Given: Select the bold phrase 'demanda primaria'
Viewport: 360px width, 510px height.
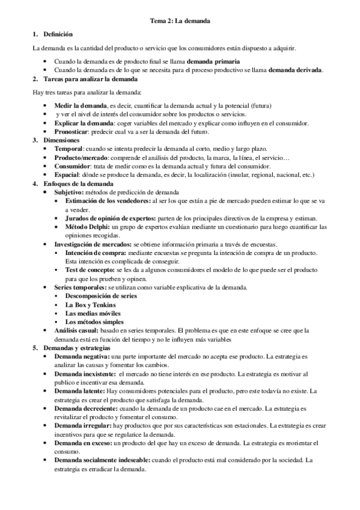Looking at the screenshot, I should pos(213,62).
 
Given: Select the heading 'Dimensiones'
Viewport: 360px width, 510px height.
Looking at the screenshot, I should pos(61,140).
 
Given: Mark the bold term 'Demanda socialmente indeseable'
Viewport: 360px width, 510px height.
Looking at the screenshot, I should pos(102,461).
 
